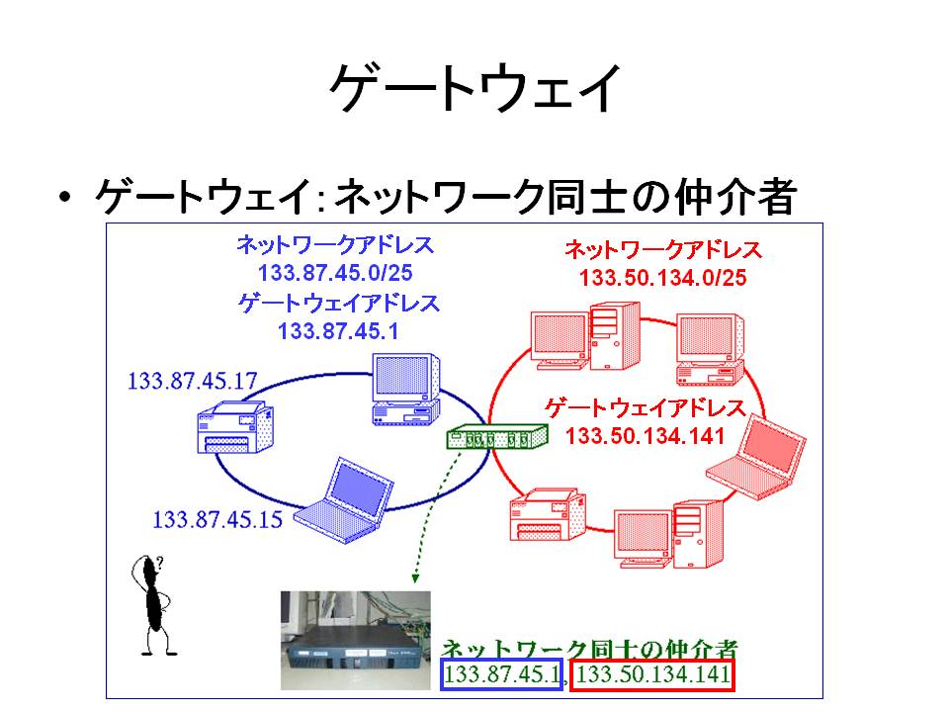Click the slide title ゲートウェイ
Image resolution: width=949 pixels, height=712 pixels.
point(475,88)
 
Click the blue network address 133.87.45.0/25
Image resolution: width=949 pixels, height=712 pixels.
point(335,273)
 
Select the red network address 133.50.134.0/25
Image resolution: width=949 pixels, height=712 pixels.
point(662,278)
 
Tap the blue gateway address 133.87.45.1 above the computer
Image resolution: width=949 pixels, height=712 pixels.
point(338,331)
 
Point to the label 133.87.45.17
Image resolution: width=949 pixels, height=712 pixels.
point(193,381)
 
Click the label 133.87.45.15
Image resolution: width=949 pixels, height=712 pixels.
point(217,519)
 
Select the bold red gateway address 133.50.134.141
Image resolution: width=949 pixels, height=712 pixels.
point(646,436)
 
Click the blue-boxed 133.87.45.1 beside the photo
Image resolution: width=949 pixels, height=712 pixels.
point(502,674)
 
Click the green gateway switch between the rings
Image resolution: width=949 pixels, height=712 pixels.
point(497,436)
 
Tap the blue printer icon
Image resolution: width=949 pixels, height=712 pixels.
point(235,427)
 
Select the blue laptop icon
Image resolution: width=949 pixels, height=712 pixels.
point(344,500)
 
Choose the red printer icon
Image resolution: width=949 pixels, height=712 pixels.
point(548,514)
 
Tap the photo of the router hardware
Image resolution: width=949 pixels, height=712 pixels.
point(356,641)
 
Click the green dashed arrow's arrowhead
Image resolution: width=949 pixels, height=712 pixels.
point(415,578)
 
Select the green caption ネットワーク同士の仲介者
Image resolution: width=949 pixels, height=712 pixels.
point(589,649)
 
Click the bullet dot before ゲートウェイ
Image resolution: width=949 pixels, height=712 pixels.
point(65,197)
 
